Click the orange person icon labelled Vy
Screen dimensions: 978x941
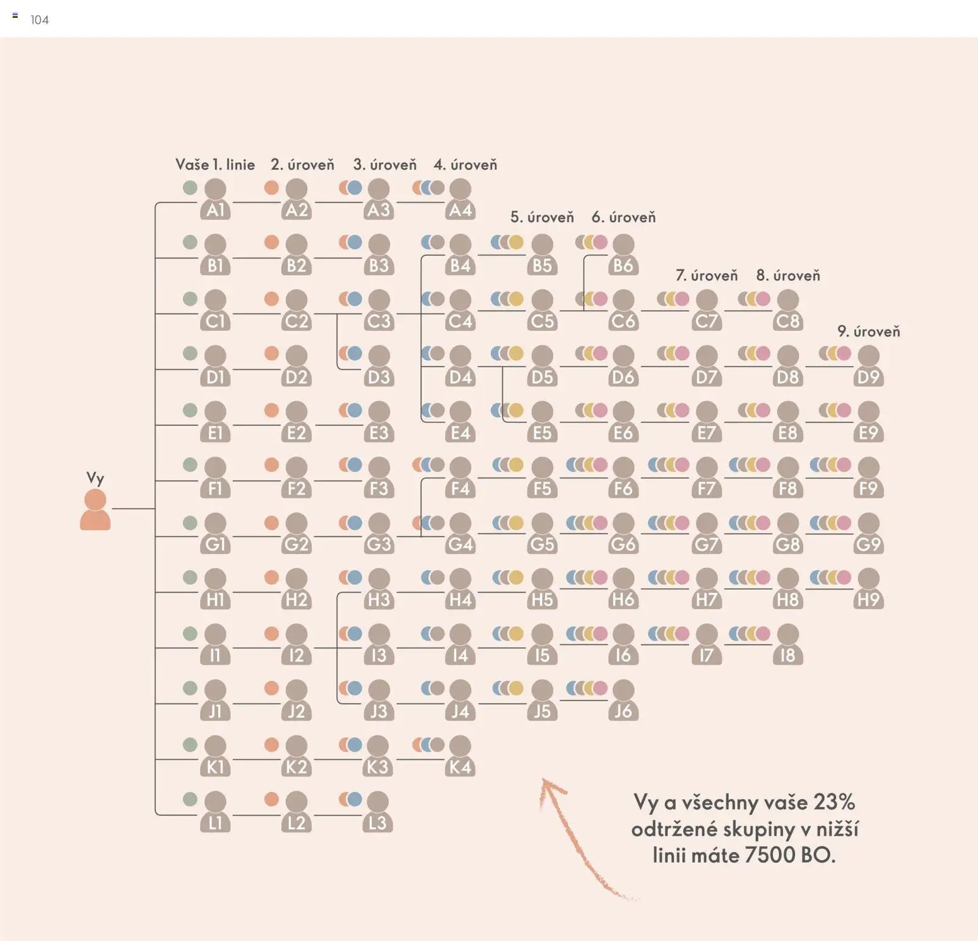point(95,509)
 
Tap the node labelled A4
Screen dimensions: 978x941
point(460,199)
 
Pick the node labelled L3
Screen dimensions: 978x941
point(377,812)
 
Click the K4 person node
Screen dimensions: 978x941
point(460,756)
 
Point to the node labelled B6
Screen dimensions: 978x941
point(623,254)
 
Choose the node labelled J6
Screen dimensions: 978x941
point(623,700)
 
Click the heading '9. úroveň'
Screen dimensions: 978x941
point(868,332)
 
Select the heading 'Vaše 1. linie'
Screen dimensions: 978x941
point(215,165)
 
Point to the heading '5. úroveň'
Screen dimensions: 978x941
point(542,217)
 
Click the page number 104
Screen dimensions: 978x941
point(40,20)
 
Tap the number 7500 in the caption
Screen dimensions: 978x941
point(770,855)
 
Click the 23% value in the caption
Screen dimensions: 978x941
point(834,802)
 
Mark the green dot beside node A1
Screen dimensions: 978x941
point(190,187)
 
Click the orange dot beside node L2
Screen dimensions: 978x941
point(271,799)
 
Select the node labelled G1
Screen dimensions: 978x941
point(215,533)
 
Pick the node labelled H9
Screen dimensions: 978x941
point(868,589)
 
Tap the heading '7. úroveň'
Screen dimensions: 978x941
point(707,276)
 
